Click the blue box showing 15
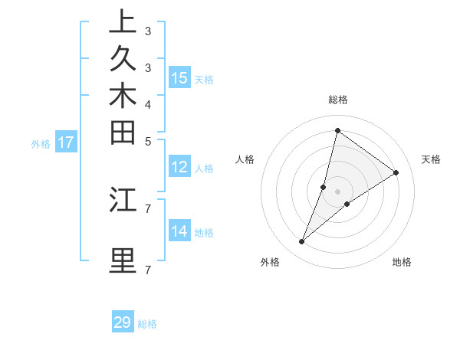pos(179,78)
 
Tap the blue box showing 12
pos(179,168)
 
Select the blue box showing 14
pos(179,231)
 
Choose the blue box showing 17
pos(66,142)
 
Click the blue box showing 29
pos(123,322)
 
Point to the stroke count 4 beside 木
pos(148,104)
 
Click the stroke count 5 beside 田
pos(148,141)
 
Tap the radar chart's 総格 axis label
pos(338,100)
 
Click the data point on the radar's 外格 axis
pos(302,242)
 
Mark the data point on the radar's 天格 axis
pos(396,172)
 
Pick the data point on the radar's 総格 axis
pos(337,130)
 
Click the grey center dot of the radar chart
pos(338,191)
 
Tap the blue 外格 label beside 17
pos(41,143)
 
